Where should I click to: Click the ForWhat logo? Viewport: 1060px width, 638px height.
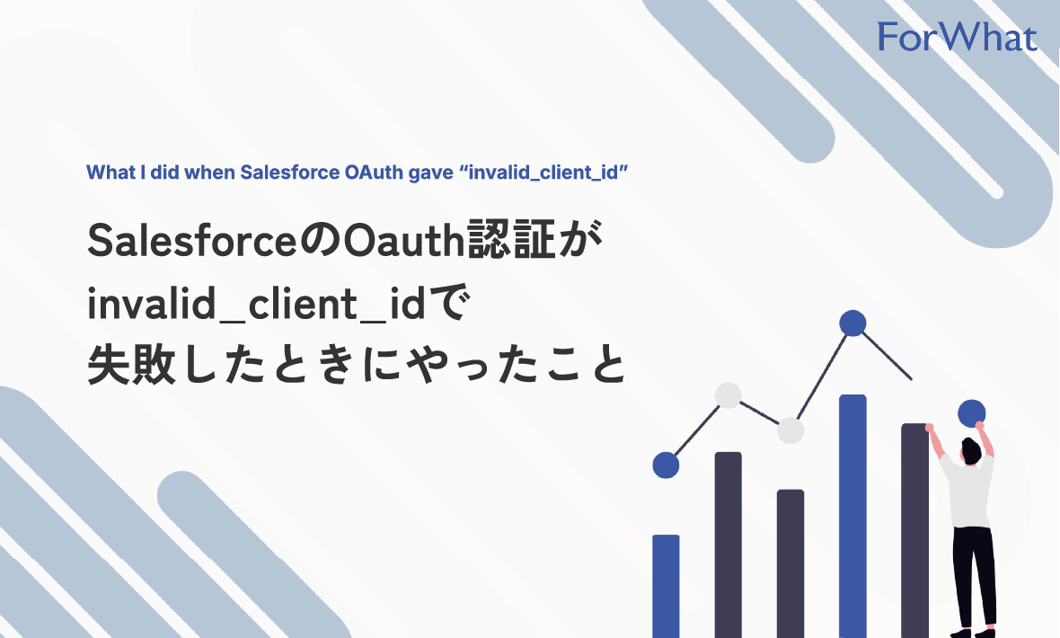957,37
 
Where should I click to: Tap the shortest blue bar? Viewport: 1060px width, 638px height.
666,584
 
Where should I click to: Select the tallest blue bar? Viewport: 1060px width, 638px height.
852,512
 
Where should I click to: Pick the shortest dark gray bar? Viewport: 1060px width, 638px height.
791,562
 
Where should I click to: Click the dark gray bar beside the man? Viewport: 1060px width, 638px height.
914,530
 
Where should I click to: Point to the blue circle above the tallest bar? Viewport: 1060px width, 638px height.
852,323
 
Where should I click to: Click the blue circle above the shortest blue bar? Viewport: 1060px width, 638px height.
666,465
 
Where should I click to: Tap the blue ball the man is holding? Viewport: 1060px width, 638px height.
971,413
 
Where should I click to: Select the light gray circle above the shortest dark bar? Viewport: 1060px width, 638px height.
791,431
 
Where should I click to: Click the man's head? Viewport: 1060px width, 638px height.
972,448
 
